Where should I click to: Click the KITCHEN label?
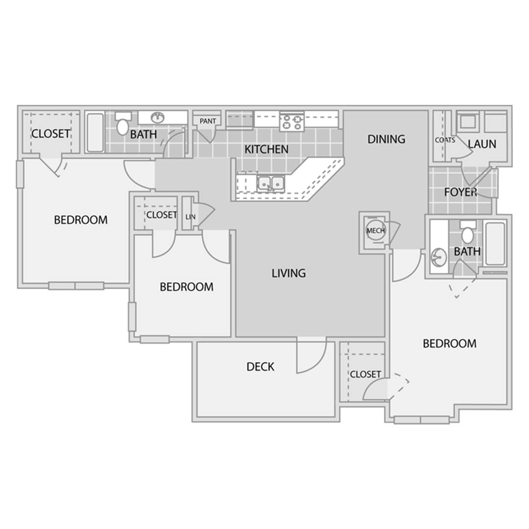coord(266,149)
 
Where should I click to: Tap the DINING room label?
coord(386,139)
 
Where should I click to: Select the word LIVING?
coord(289,273)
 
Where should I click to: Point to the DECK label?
coord(261,366)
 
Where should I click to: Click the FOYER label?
coord(460,192)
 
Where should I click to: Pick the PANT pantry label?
coord(208,121)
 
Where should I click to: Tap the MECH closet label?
coord(376,231)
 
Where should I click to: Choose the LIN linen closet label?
coord(190,217)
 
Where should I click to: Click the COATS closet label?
coord(445,140)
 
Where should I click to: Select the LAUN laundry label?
coord(482,144)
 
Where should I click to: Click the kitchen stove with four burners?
coord(292,122)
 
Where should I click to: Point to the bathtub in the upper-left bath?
coord(95,132)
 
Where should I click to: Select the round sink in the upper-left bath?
coord(158,118)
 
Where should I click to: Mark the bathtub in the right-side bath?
coord(495,243)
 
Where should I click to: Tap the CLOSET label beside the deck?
coord(365,374)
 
